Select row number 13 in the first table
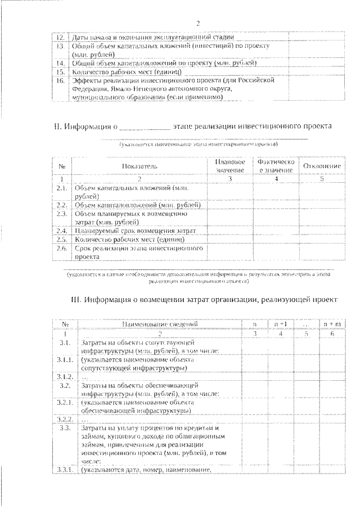click(60, 47)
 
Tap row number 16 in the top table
click(60, 80)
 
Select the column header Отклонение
click(322, 166)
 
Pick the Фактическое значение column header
click(276, 166)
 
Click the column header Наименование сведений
click(160, 325)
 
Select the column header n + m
click(326, 325)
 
